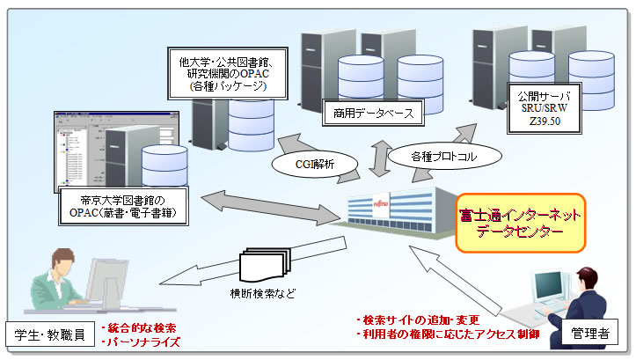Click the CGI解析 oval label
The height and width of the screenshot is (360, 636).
tap(313, 164)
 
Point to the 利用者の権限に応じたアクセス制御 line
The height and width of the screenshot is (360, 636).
tap(459, 335)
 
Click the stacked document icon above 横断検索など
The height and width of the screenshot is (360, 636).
tap(260, 261)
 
